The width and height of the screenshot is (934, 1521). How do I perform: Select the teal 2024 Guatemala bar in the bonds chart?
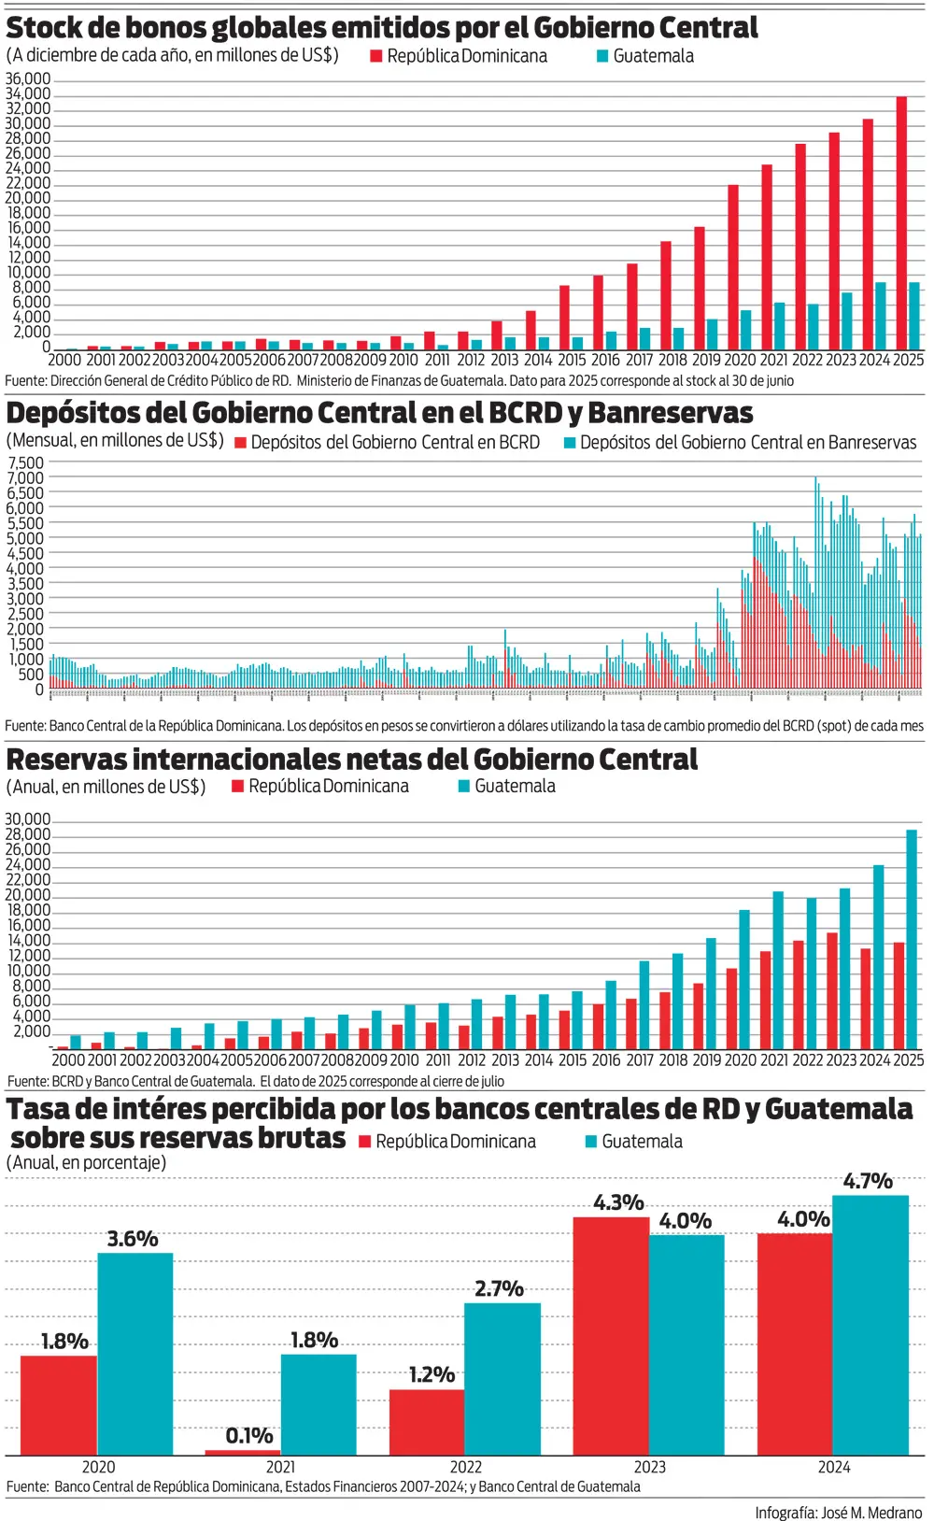coord(881,316)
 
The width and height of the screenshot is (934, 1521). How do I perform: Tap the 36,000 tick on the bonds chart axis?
coord(28,79)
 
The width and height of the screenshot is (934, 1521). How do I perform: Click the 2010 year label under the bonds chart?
coord(403,360)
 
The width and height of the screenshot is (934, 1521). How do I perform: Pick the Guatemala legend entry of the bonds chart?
coord(645,56)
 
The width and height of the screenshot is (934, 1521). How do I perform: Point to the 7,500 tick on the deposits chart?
coord(26,463)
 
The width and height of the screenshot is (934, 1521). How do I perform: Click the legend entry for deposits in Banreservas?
coord(740,443)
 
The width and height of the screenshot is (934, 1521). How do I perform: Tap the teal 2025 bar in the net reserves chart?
coord(912,938)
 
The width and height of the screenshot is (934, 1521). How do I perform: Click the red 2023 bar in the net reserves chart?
coord(832,989)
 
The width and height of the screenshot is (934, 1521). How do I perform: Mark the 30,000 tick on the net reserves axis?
coord(28,820)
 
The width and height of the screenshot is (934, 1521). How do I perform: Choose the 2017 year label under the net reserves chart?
coord(640,1060)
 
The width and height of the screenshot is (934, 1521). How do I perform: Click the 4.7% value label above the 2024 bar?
coord(868,1182)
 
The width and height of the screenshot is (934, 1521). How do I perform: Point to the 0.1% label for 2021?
coord(249,1436)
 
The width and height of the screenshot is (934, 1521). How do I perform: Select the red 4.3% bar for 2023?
coord(611,1336)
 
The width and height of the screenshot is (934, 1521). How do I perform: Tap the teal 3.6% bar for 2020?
coord(135,1354)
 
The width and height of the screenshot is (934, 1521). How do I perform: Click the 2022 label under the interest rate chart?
coord(466,1467)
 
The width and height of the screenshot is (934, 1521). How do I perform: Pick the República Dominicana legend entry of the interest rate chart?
coord(447,1142)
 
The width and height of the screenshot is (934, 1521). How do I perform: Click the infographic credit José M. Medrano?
coord(838,1513)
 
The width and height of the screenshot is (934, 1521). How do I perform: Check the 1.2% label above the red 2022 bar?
coord(432,1375)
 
